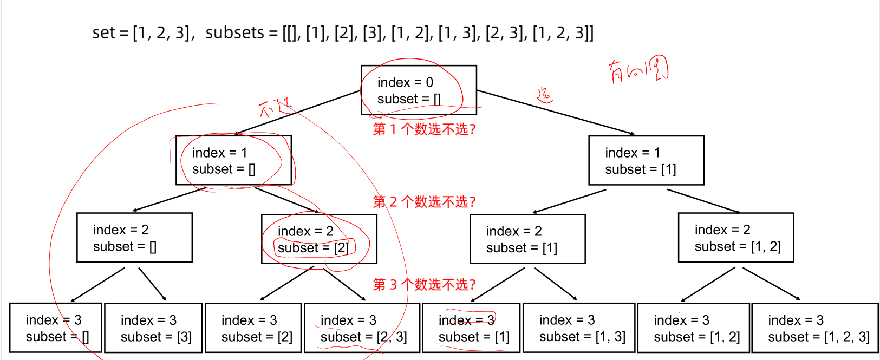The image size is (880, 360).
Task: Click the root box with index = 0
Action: pyautogui.click(x=419, y=90)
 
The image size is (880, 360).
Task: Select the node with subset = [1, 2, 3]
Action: pyautogui.click(x=815, y=328)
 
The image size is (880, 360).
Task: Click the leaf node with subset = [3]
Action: pyautogui.click(x=153, y=328)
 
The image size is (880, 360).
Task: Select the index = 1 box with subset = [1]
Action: pyautogui.click(x=646, y=160)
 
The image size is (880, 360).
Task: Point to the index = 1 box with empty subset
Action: pyautogui.click(x=233, y=160)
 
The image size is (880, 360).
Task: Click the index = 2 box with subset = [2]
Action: pyautogui.click(x=319, y=239)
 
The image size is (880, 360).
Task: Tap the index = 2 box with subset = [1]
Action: pyautogui.click(x=527, y=239)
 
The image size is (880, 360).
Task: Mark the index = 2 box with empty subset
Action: pyautogui.click(x=134, y=238)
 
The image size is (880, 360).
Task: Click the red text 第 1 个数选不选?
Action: pyautogui.click(x=424, y=129)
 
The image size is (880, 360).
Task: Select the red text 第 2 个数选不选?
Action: pyautogui.click(x=424, y=202)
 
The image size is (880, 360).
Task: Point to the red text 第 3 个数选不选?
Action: pyautogui.click(x=424, y=285)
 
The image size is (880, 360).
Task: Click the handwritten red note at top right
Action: pyautogui.click(x=638, y=70)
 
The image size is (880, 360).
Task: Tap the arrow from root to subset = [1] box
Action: pyautogui.click(x=555, y=112)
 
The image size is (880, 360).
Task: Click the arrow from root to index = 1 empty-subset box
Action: pyautogui.click(x=298, y=112)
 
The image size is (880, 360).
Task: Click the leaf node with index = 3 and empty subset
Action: pyautogui.click(x=56, y=328)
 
